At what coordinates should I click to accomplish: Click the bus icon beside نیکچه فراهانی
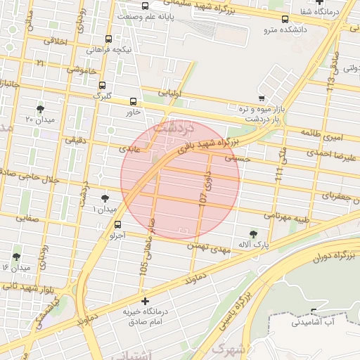(108, 39)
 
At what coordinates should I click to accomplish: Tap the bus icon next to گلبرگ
(102, 84)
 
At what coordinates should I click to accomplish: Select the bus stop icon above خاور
(134, 101)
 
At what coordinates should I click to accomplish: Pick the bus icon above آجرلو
(117, 225)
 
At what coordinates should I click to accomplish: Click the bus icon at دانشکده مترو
(285, 20)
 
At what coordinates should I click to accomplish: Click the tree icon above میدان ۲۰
(40, 109)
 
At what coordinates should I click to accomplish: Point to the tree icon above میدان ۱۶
(16, 257)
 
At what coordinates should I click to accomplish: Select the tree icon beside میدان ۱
(105, 199)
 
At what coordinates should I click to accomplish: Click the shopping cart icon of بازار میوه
(262, 98)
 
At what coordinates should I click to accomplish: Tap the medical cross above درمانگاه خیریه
(145, 300)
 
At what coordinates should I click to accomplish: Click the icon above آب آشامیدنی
(313, 311)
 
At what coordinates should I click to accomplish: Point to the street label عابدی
(129, 149)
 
